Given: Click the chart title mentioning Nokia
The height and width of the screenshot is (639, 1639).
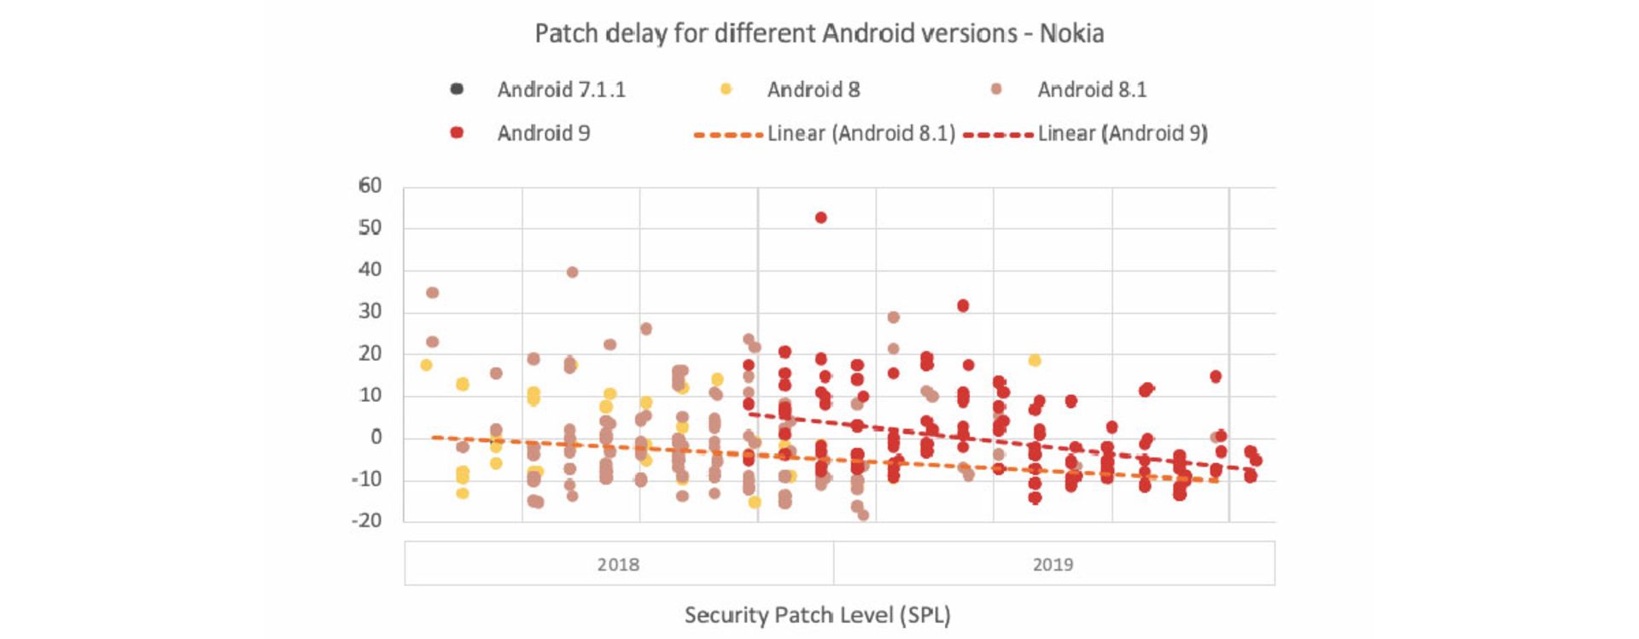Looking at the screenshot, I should click(819, 33).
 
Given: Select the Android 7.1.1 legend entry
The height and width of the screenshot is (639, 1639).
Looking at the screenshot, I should click(561, 90).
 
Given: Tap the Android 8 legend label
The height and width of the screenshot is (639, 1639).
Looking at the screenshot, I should click(813, 90).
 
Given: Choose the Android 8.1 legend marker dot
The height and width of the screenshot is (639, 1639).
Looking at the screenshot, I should click(996, 89).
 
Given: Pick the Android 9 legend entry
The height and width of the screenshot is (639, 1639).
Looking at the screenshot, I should click(543, 133).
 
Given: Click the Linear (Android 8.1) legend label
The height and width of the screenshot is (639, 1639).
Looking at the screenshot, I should click(860, 133).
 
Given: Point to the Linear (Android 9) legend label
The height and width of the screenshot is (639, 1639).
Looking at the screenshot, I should click(1123, 133).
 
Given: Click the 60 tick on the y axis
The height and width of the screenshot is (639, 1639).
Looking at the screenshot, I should click(370, 185).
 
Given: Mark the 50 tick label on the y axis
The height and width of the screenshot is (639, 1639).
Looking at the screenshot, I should click(370, 227).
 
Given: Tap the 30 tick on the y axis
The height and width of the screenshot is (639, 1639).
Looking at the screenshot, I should click(370, 311).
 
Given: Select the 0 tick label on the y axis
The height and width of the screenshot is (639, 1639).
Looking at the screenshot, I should click(376, 437).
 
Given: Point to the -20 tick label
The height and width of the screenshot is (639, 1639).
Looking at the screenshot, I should click(366, 520).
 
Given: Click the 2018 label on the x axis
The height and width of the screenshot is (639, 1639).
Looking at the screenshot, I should click(618, 564).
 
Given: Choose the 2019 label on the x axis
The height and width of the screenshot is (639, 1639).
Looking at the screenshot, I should click(1053, 564).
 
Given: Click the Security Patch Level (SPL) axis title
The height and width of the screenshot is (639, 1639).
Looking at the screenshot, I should click(817, 614).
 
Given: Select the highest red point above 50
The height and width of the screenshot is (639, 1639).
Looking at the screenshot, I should click(820, 218).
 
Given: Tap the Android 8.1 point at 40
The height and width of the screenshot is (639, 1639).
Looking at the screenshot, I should click(572, 272).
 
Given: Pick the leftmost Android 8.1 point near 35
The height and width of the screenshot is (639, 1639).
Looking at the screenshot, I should click(432, 293).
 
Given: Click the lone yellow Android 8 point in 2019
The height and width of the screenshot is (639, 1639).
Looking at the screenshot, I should click(1035, 360).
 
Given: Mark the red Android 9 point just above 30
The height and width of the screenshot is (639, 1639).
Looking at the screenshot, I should click(963, 305).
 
